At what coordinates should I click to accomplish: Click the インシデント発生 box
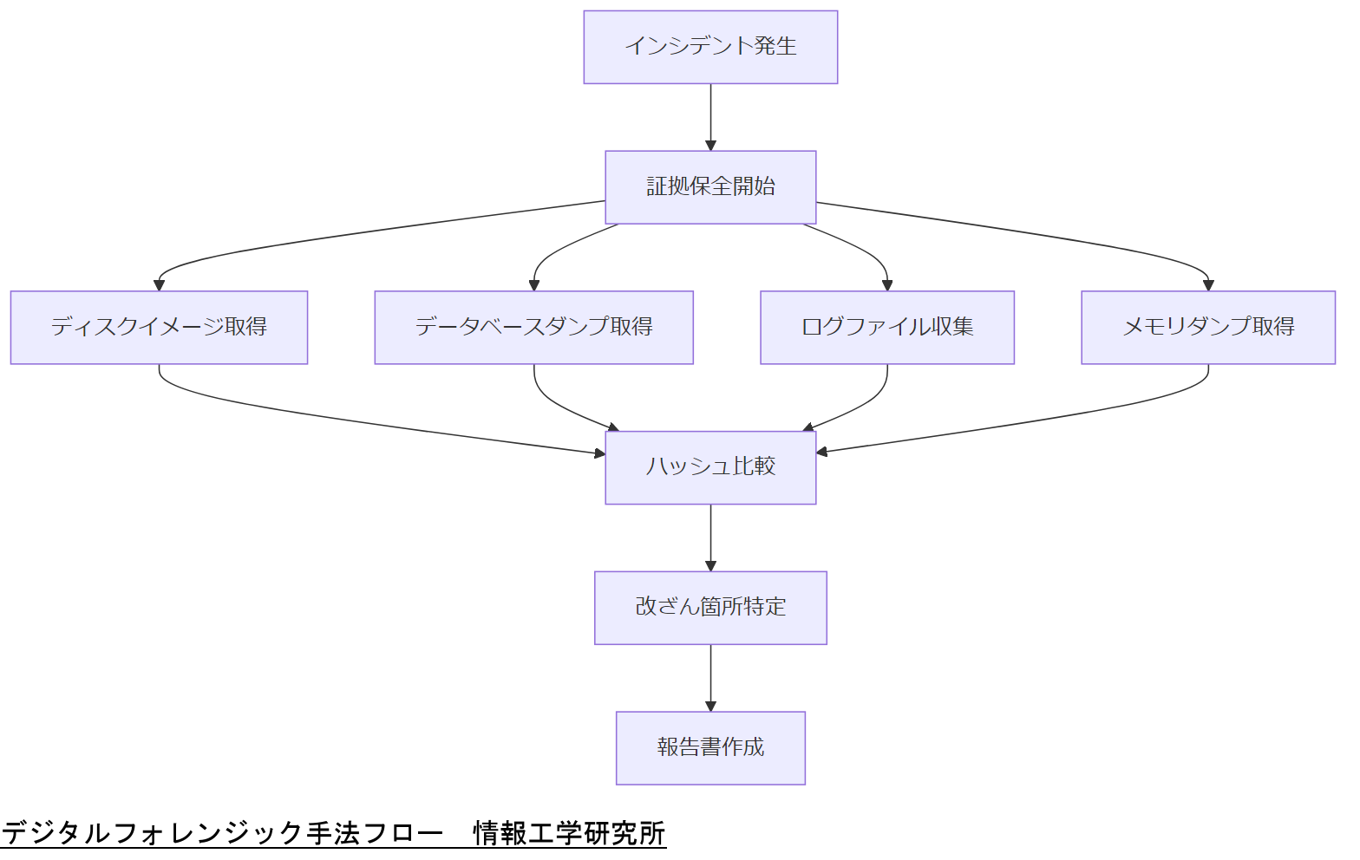(710, 47)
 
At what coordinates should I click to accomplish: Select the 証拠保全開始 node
(710, 187)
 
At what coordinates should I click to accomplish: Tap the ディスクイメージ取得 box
(159, 327)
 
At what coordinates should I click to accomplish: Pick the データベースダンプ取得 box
(533, 327)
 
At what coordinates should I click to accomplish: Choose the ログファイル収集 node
(886, 327)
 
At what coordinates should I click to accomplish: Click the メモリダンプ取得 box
(1207, 327)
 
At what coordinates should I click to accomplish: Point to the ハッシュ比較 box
(710, 467)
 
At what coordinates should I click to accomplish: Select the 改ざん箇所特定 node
(710, 607)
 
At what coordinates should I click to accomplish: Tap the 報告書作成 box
(710, 747)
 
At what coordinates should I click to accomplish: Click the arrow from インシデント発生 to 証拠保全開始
(710, 116)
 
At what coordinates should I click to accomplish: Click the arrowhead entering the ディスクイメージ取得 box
(159, 285)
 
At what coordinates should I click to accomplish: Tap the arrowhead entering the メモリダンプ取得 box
(1208, 285)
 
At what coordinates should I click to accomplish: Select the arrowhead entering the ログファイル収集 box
(886, 285)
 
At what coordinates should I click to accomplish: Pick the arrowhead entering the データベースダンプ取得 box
(534, 285)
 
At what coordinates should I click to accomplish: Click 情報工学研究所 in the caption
(569, 833)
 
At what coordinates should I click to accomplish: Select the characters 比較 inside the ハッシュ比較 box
(754, 466)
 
